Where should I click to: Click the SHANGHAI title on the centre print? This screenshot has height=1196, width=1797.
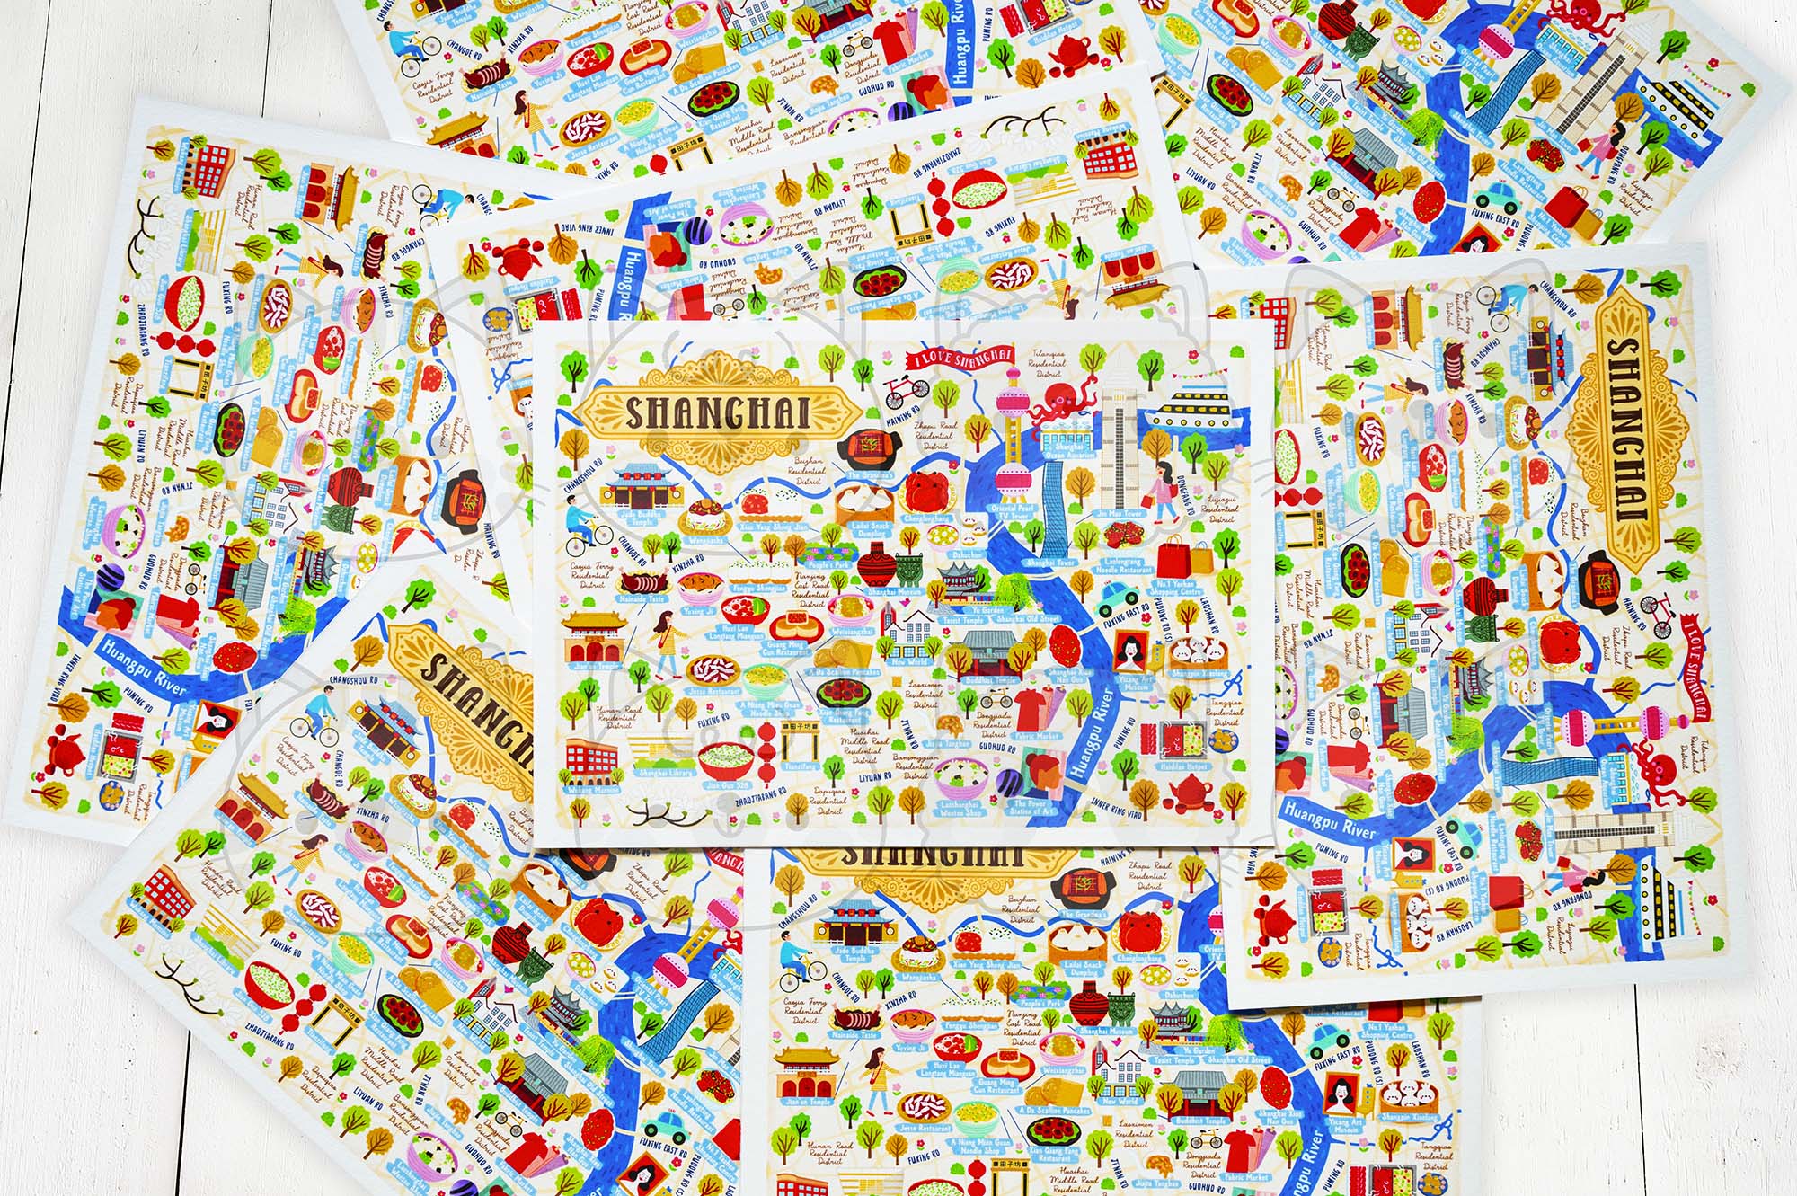click(x=716, y=413)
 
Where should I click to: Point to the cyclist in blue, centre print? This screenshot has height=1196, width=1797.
click(x=580, y=527)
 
